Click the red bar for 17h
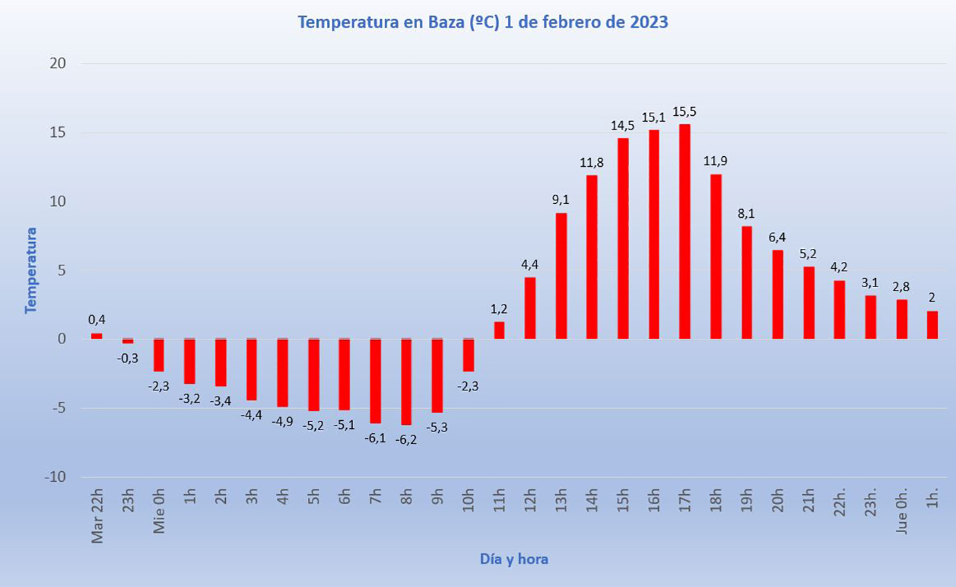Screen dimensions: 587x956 pos(685,232)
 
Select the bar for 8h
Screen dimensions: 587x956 pos(406,382)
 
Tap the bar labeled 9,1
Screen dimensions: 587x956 pos(561,276)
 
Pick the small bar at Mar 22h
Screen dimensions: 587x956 pos(97,336)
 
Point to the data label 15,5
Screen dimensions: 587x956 pos(685,112)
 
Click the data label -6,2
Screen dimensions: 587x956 pos(406,439)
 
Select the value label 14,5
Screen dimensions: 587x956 pos(622,126)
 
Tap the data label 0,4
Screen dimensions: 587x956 pos(97,320)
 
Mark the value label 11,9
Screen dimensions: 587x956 pos(716,161)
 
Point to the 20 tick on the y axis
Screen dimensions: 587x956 pos(58,64)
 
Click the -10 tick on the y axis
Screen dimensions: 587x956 pos(56,476)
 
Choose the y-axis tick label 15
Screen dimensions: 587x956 pos(58,132)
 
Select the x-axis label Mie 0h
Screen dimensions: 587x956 pos(160,511)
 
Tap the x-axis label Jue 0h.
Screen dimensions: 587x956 pos(902,511)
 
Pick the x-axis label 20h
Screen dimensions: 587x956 pos(778,500)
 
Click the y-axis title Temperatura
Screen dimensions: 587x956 pos(31,270)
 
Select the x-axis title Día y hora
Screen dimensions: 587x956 pos(514,559)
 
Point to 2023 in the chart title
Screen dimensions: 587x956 pos(649,23)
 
